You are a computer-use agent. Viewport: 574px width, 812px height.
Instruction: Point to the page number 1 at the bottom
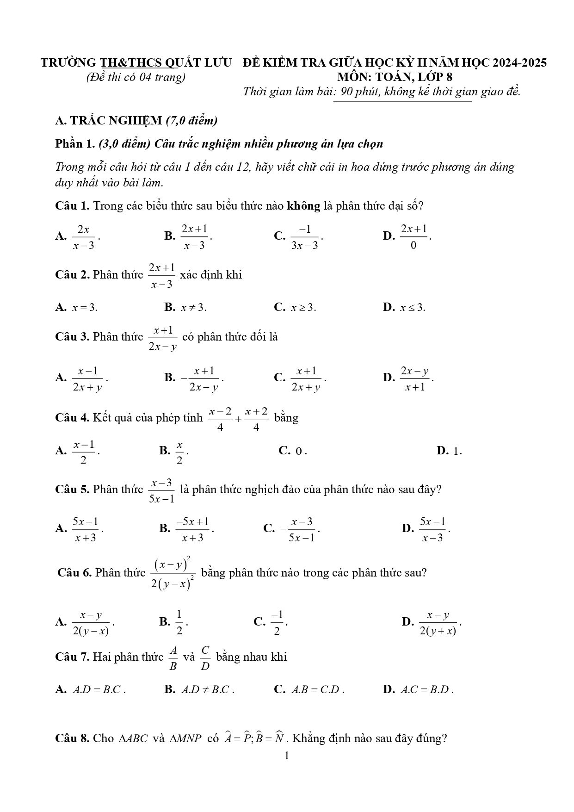(287, 756)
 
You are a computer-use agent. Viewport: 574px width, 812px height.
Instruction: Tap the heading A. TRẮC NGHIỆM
(108, 121)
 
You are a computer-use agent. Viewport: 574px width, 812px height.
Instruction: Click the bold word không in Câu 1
(303, 206)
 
